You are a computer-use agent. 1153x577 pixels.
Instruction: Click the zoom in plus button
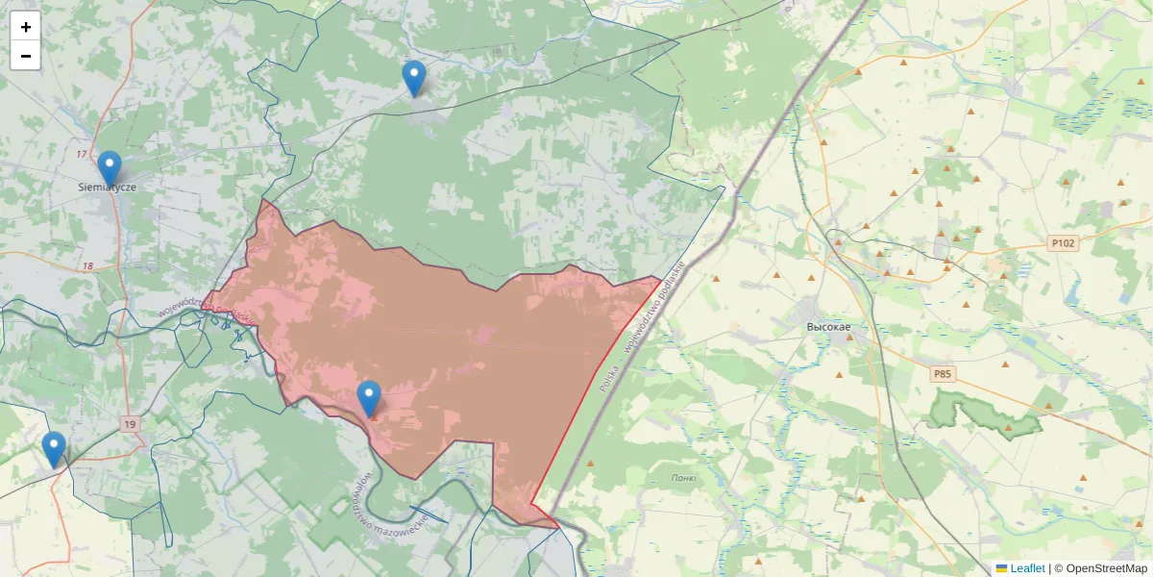(26, 27)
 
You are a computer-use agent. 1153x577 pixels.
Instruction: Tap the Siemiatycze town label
(107, 188)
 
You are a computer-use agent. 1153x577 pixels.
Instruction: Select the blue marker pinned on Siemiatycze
(110, 167)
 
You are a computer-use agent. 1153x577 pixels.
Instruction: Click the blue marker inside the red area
(368, 398)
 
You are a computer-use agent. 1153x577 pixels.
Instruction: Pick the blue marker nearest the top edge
(414, 78)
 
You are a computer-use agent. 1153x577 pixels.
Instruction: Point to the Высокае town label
(829, 327)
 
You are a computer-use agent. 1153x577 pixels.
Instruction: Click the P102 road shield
(1063, 244)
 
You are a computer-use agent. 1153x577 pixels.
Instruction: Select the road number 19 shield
(130, 423)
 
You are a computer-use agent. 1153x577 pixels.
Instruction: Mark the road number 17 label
(81, 154)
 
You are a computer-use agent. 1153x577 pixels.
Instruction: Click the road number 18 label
(88, 265)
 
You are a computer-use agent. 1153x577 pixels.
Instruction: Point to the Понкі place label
(684, 478)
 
